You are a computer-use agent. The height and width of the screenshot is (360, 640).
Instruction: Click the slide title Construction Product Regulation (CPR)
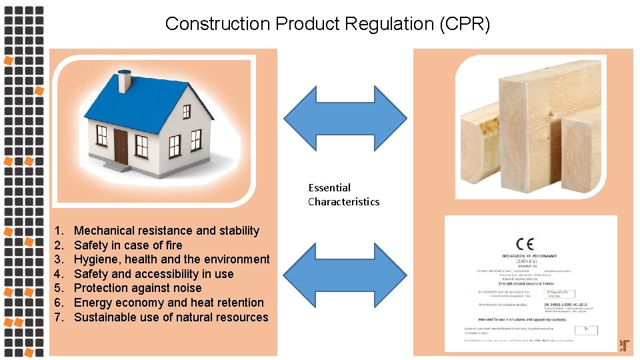pos(327,25)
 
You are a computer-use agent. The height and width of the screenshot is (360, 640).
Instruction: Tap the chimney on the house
pos(124,81)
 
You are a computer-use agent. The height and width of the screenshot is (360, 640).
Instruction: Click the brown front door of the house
pos(121,147)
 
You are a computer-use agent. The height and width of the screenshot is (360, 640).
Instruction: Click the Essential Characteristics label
pos(343,195)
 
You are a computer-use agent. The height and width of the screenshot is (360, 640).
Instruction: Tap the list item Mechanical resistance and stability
pos(166,231)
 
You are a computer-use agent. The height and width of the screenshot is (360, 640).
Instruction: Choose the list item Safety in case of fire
pos(128,245)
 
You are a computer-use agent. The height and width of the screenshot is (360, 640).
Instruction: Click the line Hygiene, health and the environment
pos(171,259)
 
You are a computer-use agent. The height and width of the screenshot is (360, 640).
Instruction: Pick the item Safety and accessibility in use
pos(153,274)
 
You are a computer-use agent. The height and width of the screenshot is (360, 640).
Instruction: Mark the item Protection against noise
pos(137,288)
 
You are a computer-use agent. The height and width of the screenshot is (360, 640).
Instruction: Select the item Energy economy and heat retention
pos(169,303)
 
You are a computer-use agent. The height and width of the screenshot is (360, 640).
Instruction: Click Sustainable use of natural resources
pos(171,317)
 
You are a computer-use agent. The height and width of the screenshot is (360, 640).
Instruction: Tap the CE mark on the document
pos(525,243)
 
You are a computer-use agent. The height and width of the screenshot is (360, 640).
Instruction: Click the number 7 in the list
pos(58,317)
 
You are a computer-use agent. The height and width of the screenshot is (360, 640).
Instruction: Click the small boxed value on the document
pos(585,330)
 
